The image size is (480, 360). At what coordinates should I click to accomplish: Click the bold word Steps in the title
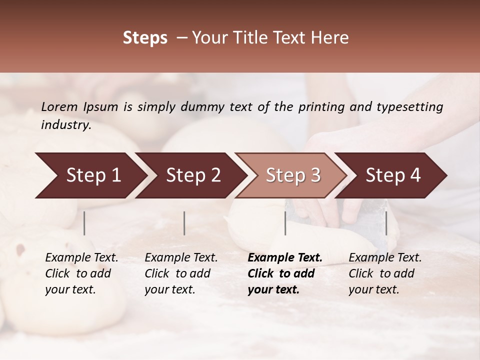coord(145,38)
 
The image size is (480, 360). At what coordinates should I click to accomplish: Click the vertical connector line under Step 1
coord(84,223)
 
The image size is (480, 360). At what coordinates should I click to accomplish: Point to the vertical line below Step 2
coord(184,223)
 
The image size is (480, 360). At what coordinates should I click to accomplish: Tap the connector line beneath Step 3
coord(285,223)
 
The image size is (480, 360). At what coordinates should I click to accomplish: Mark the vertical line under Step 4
coord(386,223)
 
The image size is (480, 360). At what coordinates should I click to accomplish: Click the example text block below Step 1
coord(81,273)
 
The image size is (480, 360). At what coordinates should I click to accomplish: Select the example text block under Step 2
coord(181,273)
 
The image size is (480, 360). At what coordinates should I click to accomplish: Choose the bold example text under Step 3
coord(285,273)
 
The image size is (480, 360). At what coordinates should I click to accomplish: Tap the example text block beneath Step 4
coord(385,273)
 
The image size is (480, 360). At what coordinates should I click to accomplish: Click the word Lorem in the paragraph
coord(59,107)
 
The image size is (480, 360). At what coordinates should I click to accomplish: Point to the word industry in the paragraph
coord(66,125)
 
